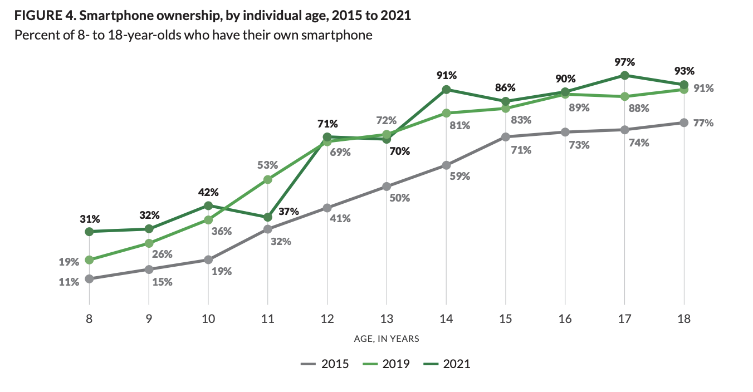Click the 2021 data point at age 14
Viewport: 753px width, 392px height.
(446, 89)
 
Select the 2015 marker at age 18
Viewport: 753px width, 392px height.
(684, 122)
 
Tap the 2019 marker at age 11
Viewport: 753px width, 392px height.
(268, 179)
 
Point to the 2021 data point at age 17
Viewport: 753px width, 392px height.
(625, 75)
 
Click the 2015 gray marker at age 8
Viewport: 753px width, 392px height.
(89, 278)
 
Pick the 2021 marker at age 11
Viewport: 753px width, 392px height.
(268, 217)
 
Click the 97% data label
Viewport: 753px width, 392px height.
(625, 62)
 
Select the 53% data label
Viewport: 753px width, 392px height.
(268, 165)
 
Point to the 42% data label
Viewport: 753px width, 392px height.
(208, 192)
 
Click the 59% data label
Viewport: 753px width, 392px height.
(460, 176)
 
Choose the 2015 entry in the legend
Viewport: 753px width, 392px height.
(325, 364)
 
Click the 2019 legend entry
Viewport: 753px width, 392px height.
(386, 364)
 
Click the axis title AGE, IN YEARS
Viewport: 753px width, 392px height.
(387, 339)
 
